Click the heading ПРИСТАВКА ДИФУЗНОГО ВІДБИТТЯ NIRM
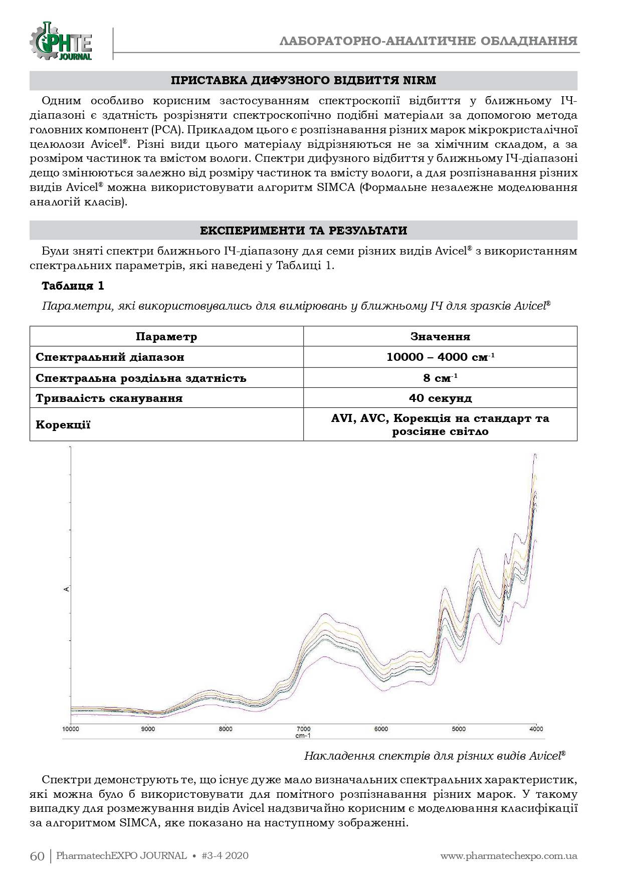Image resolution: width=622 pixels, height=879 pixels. tap(303, 81)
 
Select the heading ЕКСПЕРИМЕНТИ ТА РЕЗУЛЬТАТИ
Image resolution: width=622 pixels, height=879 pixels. tap(303, 231)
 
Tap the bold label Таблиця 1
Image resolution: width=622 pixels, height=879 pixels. tap(73, 286)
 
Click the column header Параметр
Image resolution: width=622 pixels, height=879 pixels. tap(166, 336)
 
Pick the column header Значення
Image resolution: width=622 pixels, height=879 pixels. tap(440, 336)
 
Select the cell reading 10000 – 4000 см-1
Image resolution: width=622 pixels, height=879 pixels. tap(440, 357)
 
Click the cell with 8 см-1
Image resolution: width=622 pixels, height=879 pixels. tap(440, 377)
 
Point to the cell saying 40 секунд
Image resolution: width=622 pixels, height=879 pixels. tap(440, 398)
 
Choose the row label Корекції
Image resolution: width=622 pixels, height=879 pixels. tap(63, 425)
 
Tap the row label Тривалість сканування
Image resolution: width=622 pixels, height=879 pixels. tap(109, 398)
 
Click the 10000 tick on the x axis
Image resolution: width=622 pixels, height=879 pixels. tap(71, 729)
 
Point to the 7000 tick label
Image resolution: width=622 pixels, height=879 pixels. tap(303, 729)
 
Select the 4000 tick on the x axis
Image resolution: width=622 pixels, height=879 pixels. tap(536, 729)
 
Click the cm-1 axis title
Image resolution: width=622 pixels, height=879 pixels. tap(303, 736)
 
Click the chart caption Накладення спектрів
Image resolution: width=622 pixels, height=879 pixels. tap(435, 756)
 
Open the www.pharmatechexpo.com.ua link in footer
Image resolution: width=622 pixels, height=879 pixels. tap(509, 855)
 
